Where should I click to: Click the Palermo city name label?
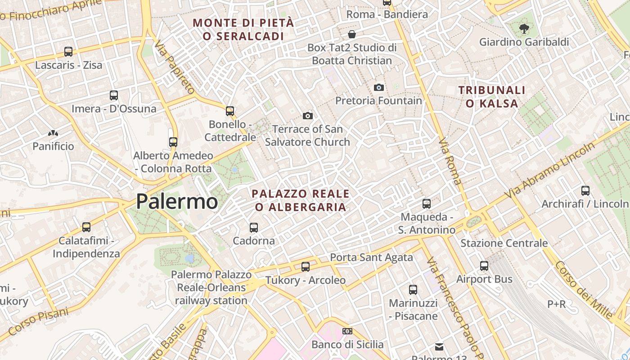pyautogui.click(x=177, y=201)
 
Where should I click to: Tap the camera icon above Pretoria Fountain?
pyautogui.click(x=379, y=87)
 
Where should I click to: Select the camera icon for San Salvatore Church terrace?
pyautogui.click(x=308, y=116)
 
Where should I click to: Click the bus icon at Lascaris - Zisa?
pyautogui.click(x=68, y=52)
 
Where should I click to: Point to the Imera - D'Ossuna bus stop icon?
pyautogui.click(x=114, y=95)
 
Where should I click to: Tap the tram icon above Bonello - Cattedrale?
pyautogui.click(x=230, y=111)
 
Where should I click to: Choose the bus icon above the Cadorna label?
pyautogui.click(x=254, y=228)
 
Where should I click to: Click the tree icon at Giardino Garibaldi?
pyautogui.click(x=524, y=29)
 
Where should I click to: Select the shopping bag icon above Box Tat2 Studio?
pyautogui.click(x=352, y=34)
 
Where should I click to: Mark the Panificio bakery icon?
pyautogui.click(x=53, y=133)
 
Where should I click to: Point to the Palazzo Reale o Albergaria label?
pyautogui.click(x=301, y=200)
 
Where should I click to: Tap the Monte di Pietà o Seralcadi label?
pyautogui.click(x=243, y=29)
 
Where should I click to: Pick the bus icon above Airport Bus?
pyautogui.click(x=484, y=266)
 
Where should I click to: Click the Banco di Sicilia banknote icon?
pyautogui.click(x=347, y=331)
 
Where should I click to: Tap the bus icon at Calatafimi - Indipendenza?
pyautogui.click(x=86, y=227)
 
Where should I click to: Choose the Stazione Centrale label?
pyautogui.click(x=504, y=243)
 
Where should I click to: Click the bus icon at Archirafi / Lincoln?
pyautogui.click(x=585, y=191)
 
